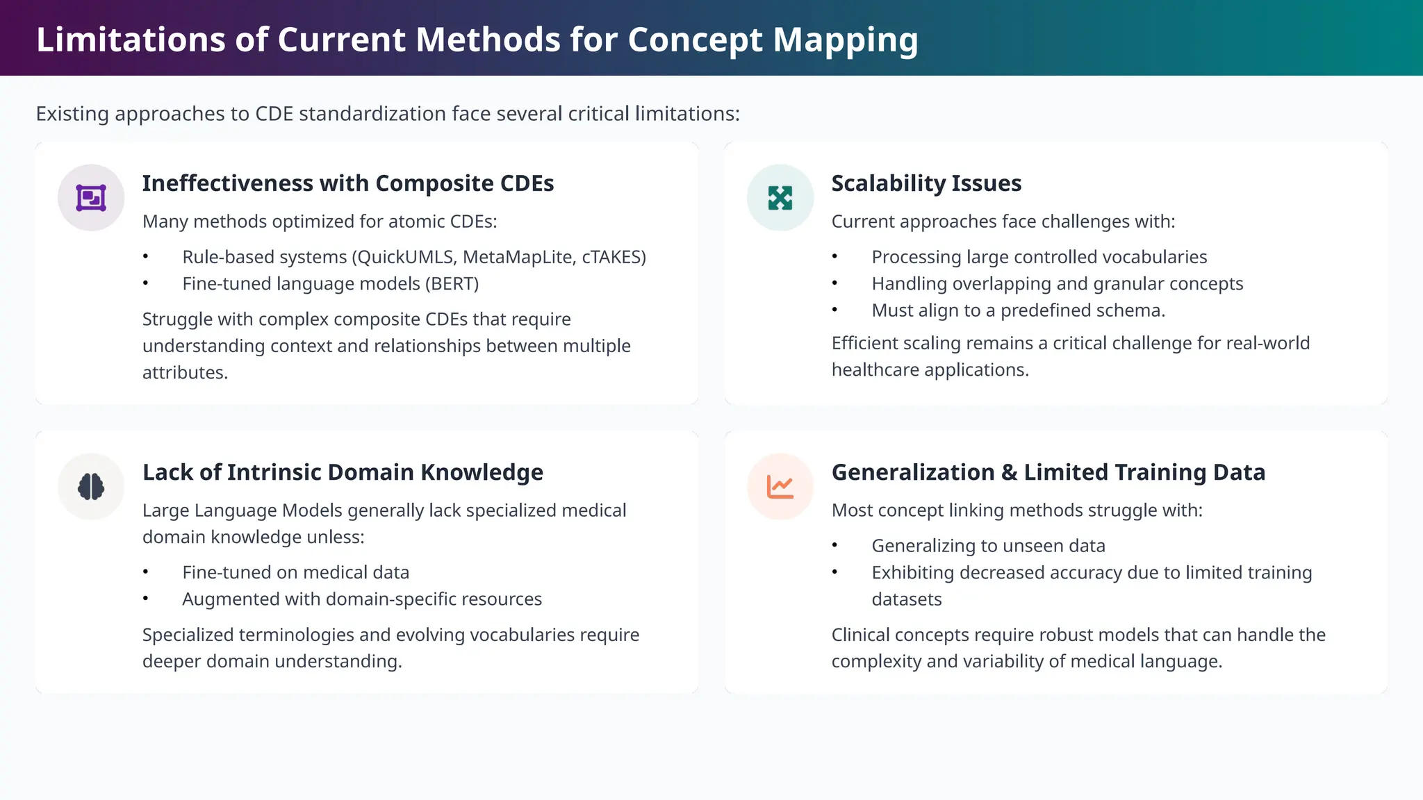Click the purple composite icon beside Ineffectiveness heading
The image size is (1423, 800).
[91, 198]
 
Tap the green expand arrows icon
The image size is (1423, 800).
[780, 198]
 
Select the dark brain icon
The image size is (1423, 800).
[91, 487]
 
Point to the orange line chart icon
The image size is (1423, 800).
[780, 487]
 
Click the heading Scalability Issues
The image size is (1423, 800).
[926, 183]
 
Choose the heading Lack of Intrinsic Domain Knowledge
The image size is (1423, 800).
[343, 472]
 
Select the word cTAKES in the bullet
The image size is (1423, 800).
[611, 257]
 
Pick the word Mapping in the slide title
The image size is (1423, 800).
[846, 40]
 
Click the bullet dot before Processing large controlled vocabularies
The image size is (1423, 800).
[835, 257]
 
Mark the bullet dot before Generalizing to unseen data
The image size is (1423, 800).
[835, 546]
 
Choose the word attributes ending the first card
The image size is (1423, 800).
[185, 373]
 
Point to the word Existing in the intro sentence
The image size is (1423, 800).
[72, 114]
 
